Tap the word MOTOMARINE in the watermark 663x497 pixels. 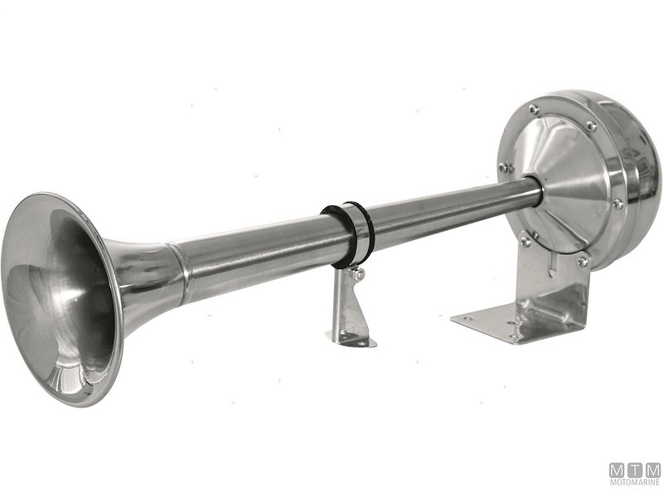[x=636, y=486]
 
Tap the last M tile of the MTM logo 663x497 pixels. [x=652, y=470]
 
